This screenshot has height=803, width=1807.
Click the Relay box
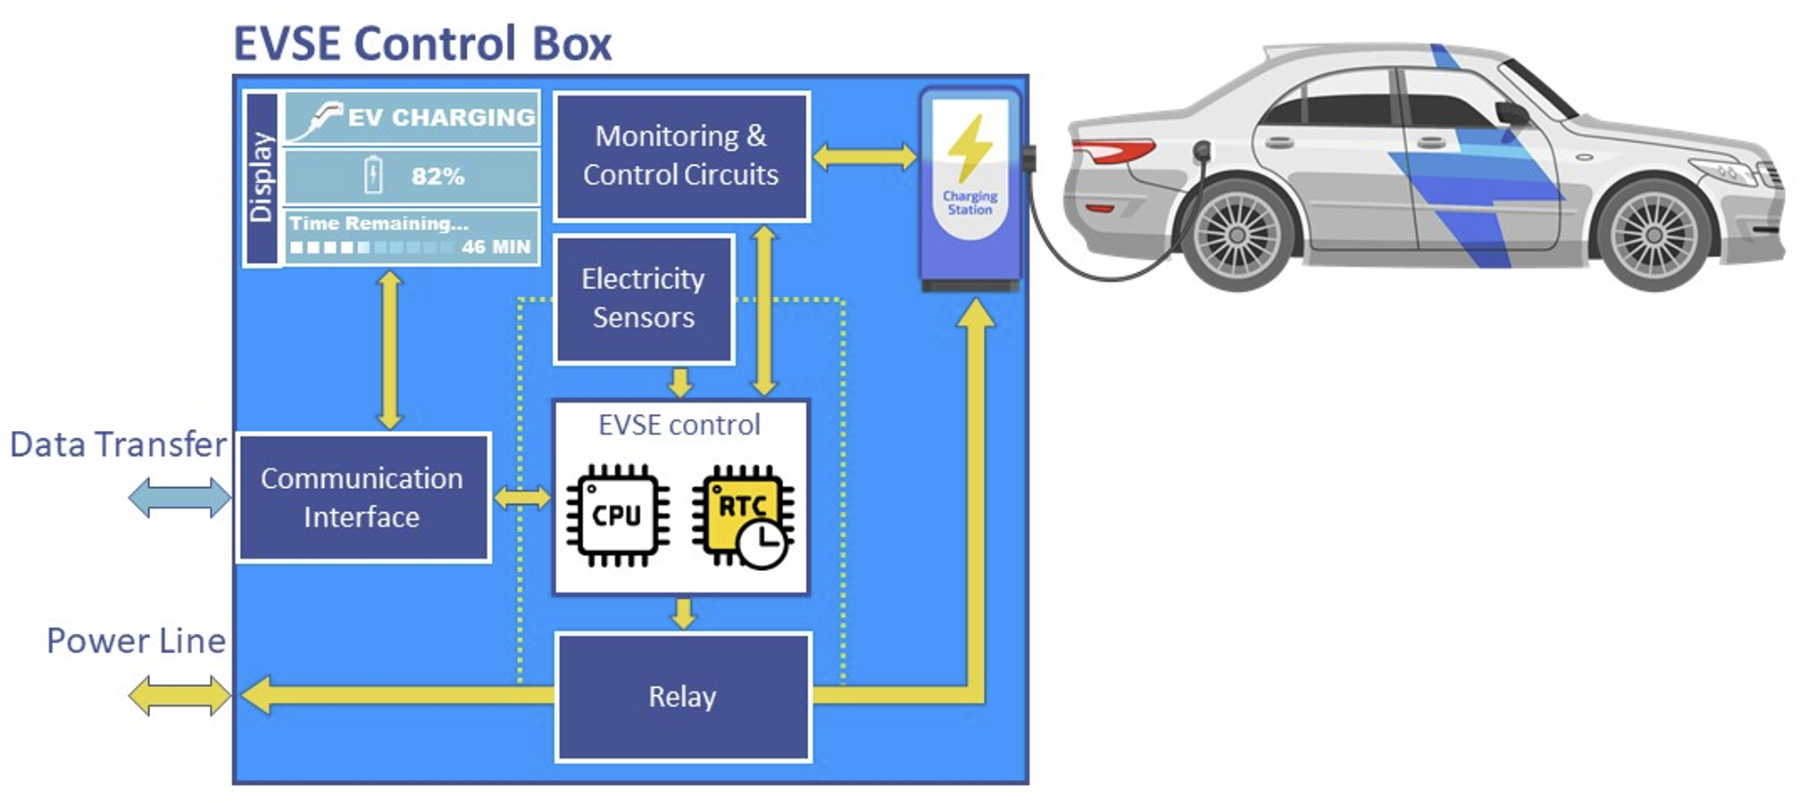(682, 697)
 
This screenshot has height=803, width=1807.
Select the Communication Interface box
(362, 498)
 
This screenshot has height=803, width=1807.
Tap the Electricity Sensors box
(643, 299)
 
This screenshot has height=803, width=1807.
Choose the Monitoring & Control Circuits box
(680, 155)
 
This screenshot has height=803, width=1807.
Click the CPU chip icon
(617, 516)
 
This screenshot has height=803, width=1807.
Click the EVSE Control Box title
(422, 43)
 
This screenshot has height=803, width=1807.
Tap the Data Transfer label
(118, 444)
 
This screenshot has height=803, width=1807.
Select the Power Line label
(136, 641)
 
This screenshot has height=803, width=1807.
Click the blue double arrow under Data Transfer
(179, 497)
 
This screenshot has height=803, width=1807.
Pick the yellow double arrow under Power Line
(179, 695)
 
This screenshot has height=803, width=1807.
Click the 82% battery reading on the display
(437, 176)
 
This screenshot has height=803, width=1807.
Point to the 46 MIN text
(495, 246)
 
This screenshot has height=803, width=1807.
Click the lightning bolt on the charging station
(969, 146)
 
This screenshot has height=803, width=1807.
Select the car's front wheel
(1653, 235)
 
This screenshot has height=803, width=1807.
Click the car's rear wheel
(1237, 235)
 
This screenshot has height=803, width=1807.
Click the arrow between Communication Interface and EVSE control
(522, 497)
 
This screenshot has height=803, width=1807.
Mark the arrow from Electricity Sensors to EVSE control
(680, 383)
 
